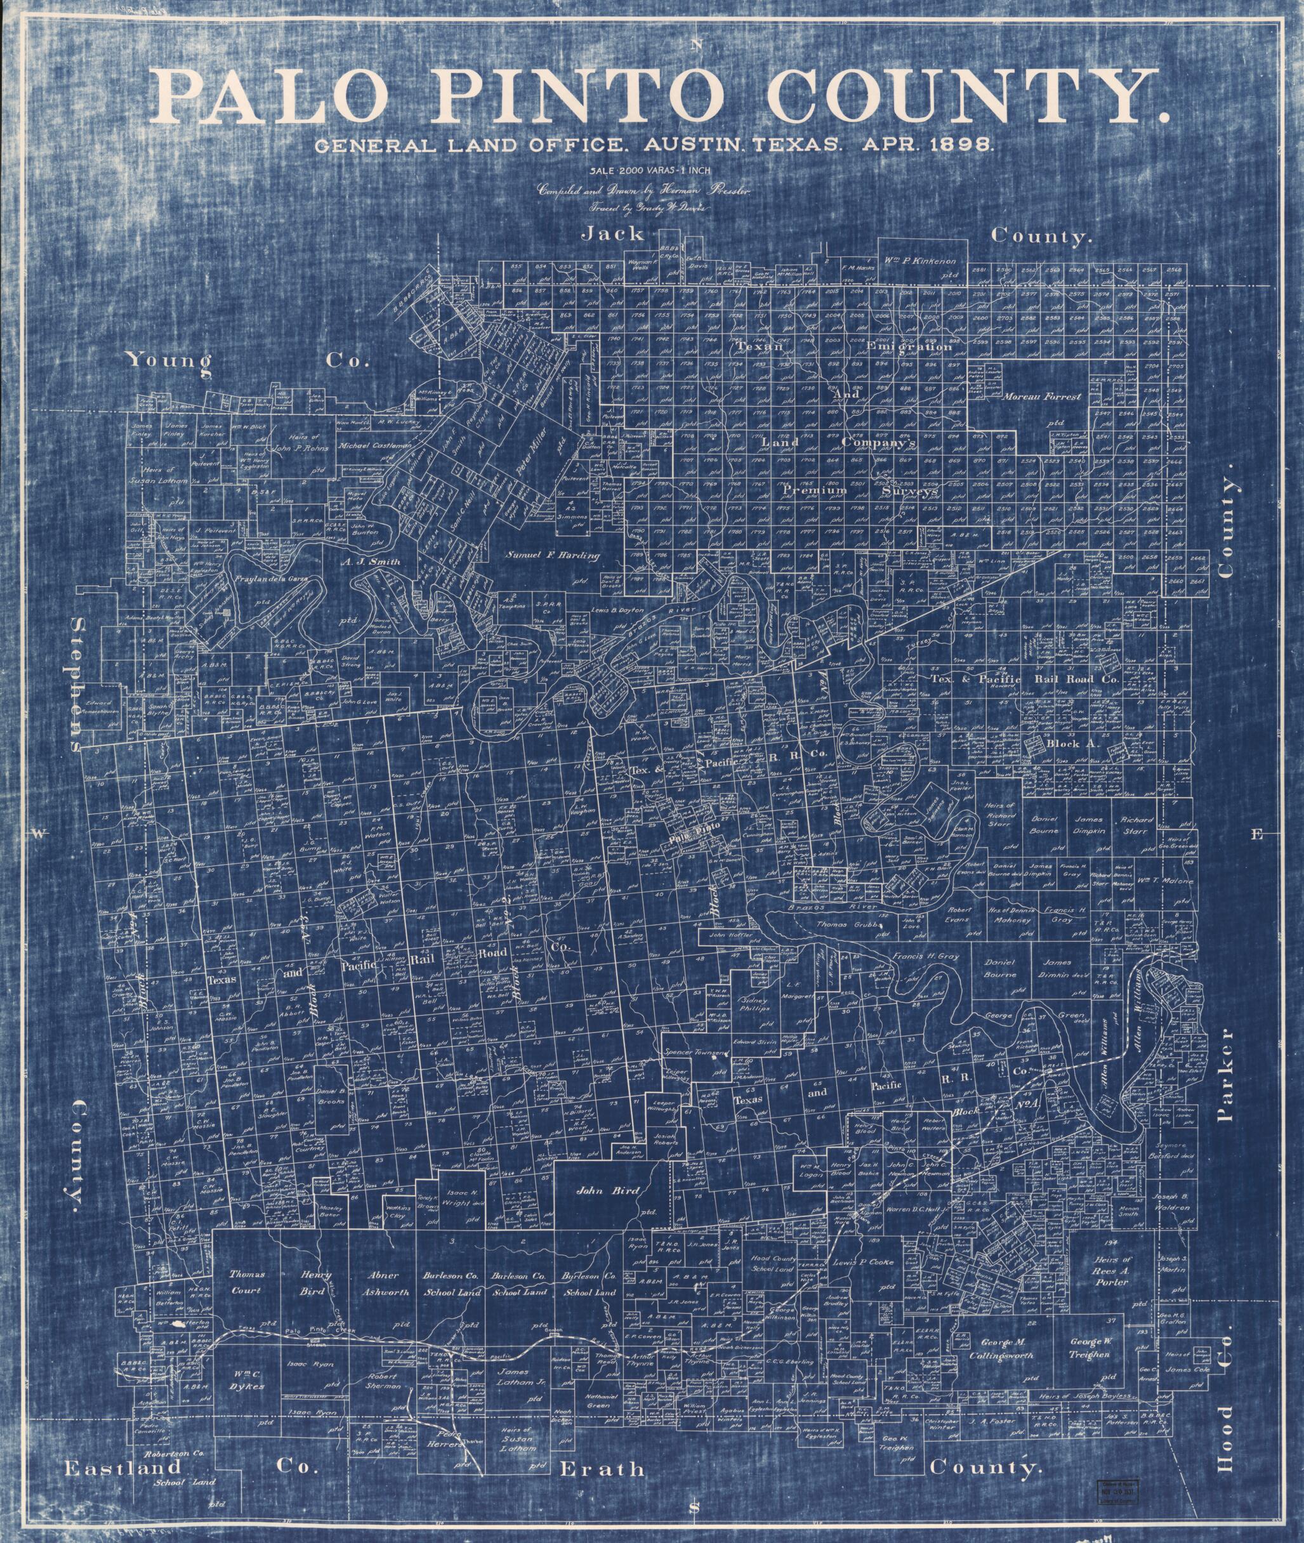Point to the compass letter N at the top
click(694, 45)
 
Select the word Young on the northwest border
click(169, 360)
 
